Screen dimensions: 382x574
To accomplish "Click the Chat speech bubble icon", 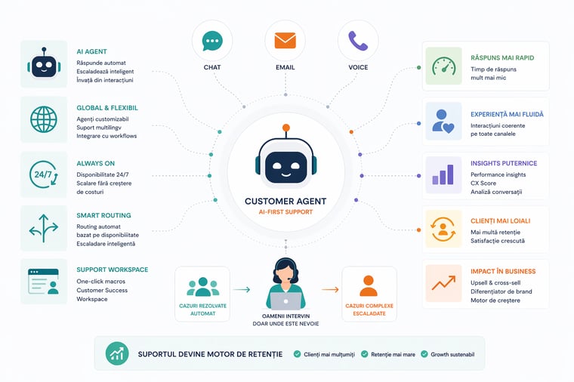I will [212, 41].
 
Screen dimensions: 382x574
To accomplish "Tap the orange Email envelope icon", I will [285, 41].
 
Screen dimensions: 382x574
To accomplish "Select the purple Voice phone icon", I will [358, 41].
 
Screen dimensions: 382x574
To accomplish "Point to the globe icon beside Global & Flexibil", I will [43, 119].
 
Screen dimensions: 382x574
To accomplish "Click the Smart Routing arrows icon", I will [43, 228].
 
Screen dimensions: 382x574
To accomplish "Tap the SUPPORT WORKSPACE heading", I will [112, 270].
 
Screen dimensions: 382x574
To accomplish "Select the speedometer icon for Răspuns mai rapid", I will [443, 66].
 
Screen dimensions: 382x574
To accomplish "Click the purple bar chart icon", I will [443, 174].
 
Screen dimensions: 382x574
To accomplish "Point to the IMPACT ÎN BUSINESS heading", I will [502, 271].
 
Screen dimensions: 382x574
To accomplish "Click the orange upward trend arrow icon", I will [443, 283].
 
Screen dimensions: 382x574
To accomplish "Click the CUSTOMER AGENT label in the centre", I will [285, 202].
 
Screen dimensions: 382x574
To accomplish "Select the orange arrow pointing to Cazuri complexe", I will [330, 289].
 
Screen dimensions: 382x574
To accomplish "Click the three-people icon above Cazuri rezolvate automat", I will [202, 287].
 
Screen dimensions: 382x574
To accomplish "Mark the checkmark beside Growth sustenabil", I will [424, 353].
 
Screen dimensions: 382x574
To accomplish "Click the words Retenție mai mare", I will [392, 353].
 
